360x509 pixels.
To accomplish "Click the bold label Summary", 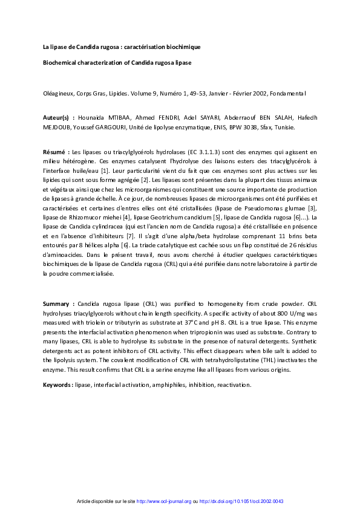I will click(x=59, y=302).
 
